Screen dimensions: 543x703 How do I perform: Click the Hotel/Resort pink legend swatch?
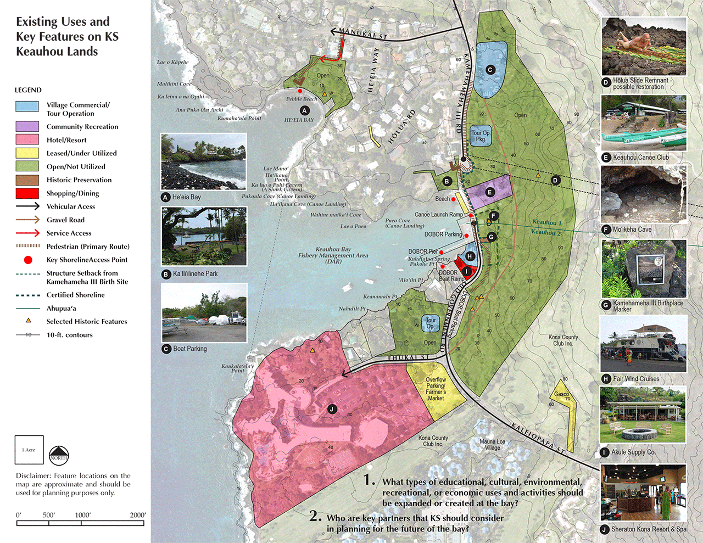27,139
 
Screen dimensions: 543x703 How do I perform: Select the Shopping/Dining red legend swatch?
27,193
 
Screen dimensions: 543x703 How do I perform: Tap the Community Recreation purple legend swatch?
27,126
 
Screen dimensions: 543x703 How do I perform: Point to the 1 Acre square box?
29,450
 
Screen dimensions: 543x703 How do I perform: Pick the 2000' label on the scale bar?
137,515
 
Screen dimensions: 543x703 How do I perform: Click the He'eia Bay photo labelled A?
204,162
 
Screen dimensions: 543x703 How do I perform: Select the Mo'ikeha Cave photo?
643,194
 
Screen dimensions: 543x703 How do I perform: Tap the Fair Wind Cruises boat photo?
643,344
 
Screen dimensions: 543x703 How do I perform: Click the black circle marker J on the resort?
331,409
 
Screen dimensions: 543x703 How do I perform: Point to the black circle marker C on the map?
490,70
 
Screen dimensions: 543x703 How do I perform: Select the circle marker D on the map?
555,180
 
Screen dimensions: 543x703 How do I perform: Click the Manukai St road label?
363,34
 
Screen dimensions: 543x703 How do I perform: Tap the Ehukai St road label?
409,358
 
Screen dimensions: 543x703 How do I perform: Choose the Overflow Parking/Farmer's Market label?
436,389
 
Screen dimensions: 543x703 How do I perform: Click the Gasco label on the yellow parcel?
562,394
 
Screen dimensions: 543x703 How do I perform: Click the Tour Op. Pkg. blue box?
481,136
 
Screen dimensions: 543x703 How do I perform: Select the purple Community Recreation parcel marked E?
489,192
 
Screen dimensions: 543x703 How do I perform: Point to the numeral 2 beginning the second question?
315,516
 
